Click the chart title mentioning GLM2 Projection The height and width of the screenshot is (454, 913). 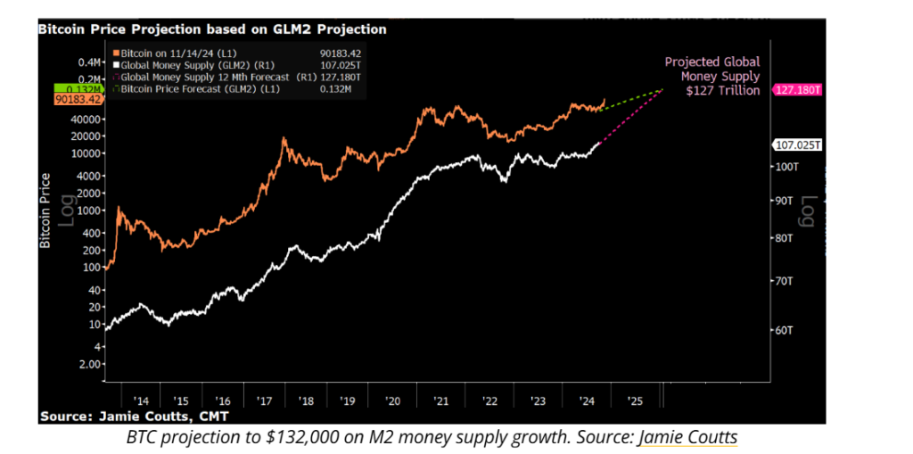[211, 29]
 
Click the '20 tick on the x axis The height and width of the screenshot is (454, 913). [393, 400]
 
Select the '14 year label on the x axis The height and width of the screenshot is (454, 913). [142, 400]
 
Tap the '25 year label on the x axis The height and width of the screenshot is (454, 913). [634, 400]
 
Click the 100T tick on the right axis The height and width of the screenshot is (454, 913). [784, 167]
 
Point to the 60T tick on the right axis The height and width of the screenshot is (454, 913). [780, 330]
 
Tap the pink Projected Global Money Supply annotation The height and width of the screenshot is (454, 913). [712, 76]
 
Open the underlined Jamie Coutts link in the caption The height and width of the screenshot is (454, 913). [687, 437]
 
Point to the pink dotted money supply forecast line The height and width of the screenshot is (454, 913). [629, 116]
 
